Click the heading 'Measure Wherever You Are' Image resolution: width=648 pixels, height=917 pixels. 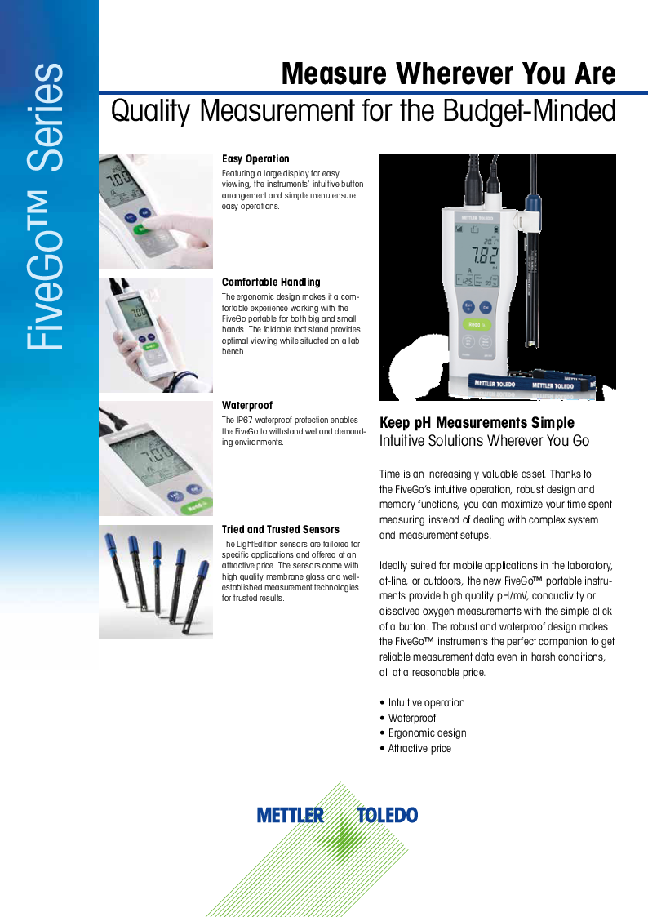[x=448, y=74]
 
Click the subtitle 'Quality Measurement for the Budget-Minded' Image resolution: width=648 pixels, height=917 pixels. [x=363, y=111]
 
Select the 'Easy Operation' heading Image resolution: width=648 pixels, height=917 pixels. [x=255, y=158]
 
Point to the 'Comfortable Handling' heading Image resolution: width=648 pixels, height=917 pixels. [x=271, y=282]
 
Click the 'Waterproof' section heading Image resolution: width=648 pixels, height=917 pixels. [x=247, y=405]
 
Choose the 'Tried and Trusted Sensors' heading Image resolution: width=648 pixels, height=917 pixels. [x=281, y=529]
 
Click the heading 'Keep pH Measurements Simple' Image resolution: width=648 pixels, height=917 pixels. [x=477, y=423]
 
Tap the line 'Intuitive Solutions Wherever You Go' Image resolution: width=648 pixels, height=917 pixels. [x=484, y=442]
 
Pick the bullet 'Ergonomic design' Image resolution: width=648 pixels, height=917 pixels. [x=427, y=732]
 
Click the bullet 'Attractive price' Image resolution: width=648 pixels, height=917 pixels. [x=419, y=748]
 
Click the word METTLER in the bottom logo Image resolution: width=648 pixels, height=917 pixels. [x=291, y=815]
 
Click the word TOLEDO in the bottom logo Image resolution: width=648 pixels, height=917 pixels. [x=387, y=815]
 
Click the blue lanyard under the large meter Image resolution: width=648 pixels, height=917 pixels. [x=530, y=382]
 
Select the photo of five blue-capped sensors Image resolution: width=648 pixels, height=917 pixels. [x=156, y=581]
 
